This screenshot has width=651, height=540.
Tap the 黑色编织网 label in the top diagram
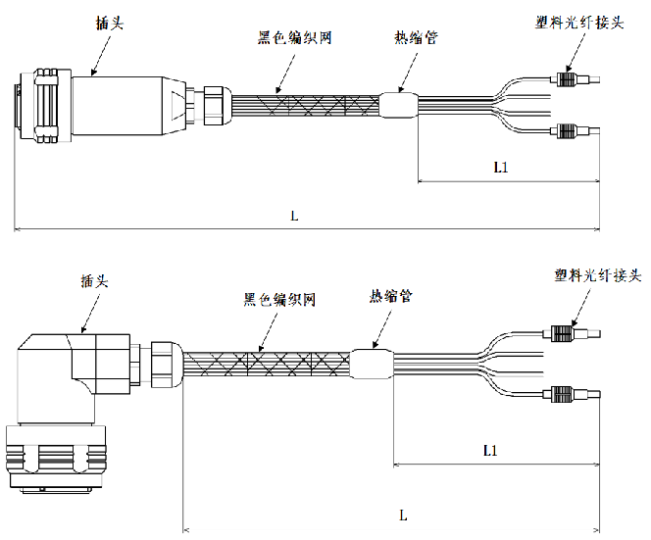pos(292,38)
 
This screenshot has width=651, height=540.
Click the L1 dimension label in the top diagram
pos(500,167)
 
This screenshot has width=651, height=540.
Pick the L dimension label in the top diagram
pos(293,216)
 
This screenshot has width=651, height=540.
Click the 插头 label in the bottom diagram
pos(95,280)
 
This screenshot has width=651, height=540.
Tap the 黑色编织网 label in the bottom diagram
pos(278,299)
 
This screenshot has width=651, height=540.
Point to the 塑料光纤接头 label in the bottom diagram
pos(596,275)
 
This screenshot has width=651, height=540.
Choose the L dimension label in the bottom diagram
pos(403,514)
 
